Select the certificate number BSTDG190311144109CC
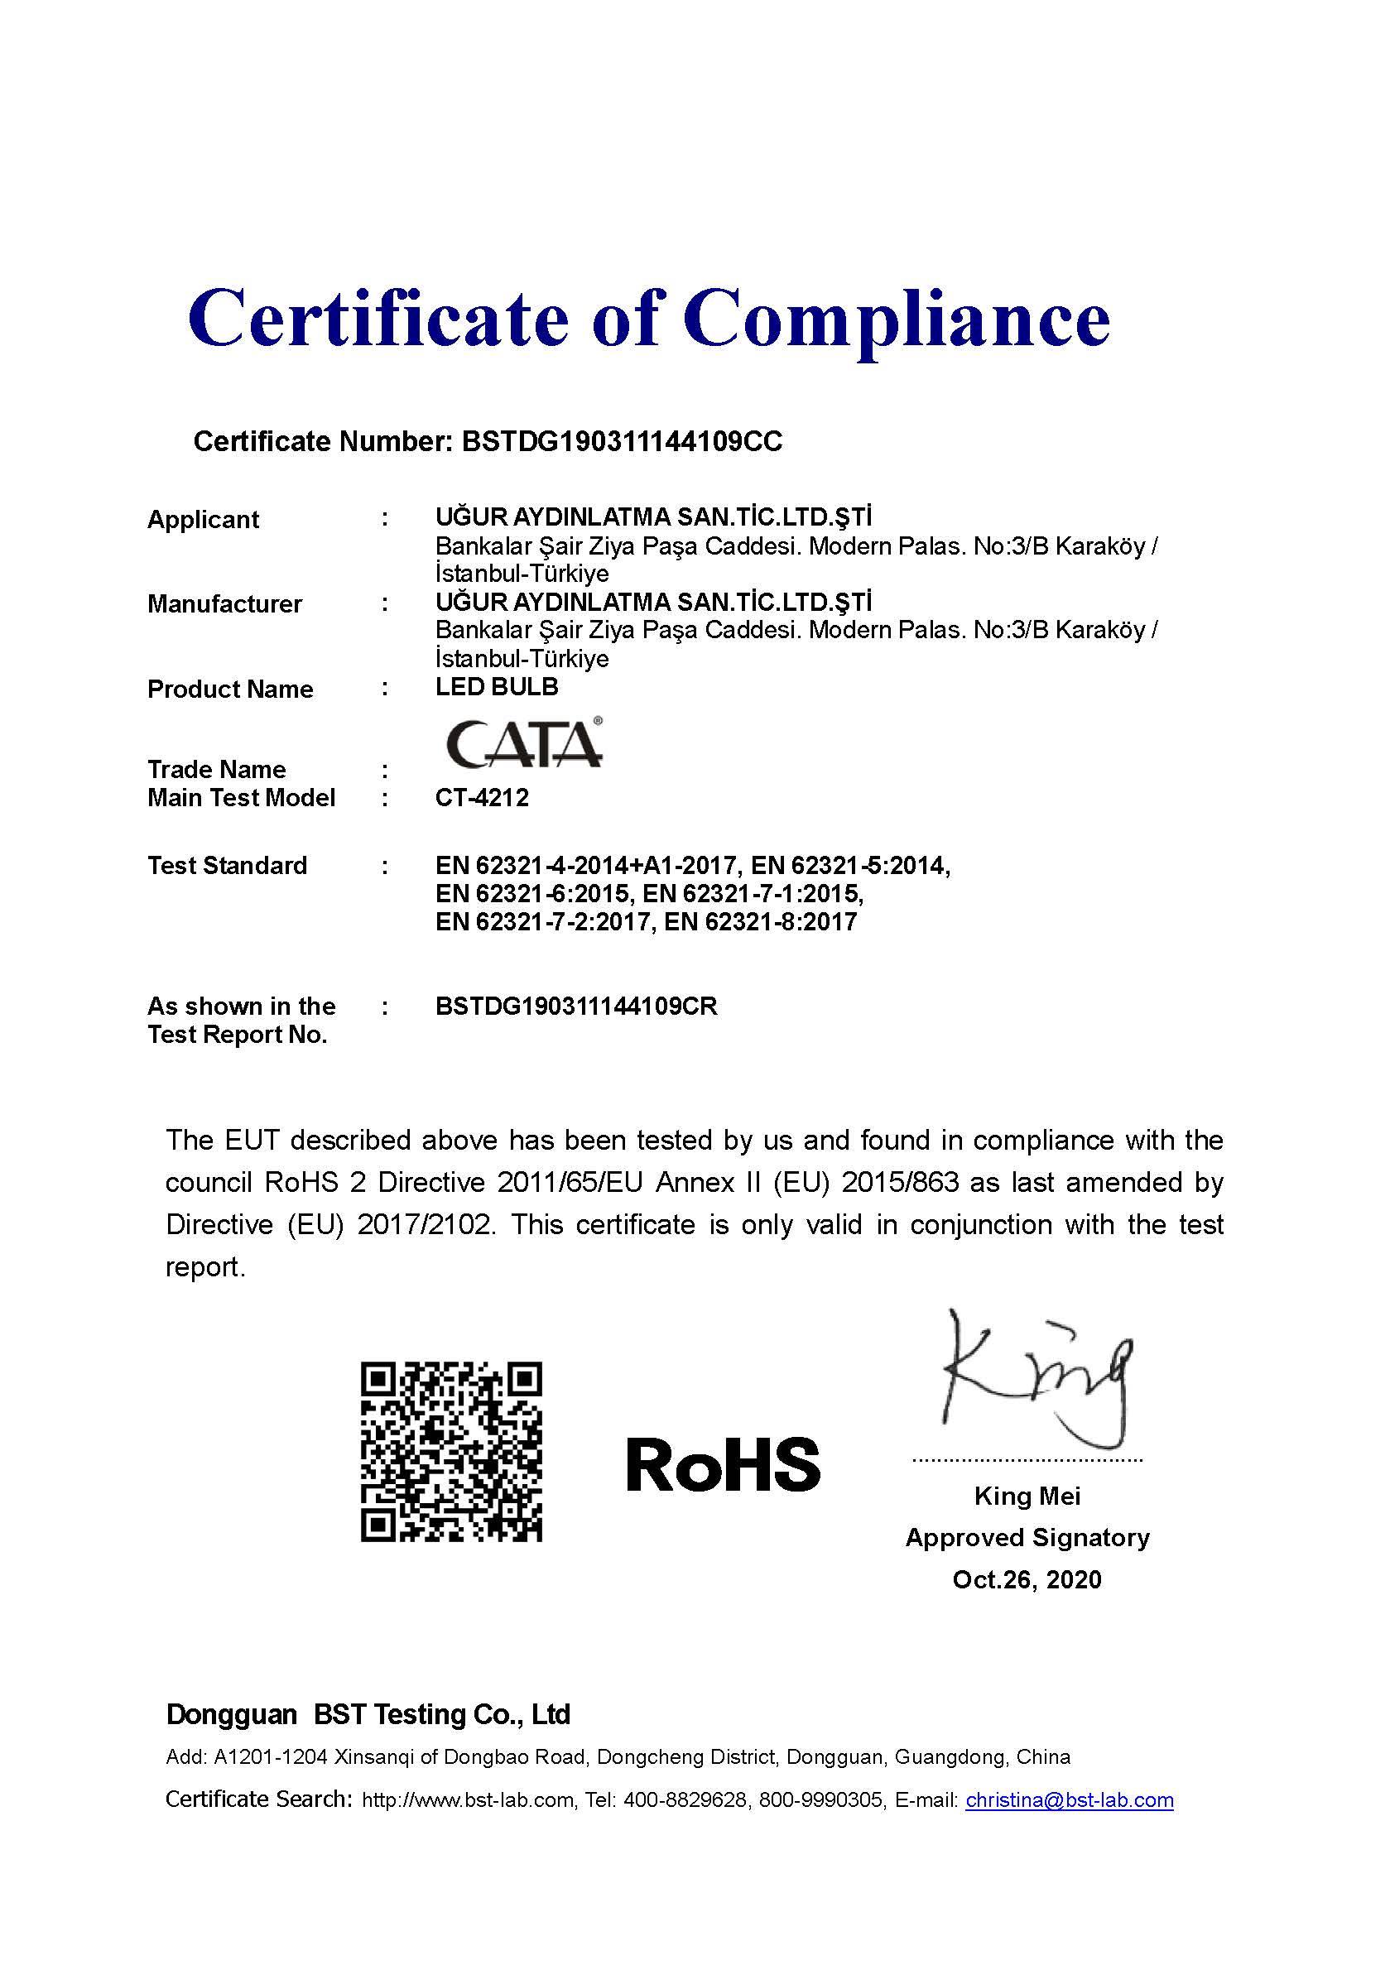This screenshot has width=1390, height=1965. (622, 442)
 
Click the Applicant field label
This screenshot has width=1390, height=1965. (203, 520)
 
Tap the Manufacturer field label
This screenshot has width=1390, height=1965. (224, 604)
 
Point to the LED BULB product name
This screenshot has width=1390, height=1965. (497, 686)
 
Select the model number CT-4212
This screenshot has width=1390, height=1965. (482, 798)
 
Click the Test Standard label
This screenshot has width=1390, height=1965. (227, 865)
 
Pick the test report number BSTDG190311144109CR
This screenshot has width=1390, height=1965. (576, 1006)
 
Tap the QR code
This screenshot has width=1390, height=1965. (451, 1452)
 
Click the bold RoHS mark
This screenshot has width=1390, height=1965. (724, 1464)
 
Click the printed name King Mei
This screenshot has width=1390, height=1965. (1027, 1496)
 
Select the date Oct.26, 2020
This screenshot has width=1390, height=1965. (1027, 1579)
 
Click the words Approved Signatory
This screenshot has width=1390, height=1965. (1027, 1538)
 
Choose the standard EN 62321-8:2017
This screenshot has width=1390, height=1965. (760, 922)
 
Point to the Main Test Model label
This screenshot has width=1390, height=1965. (242, 798)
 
